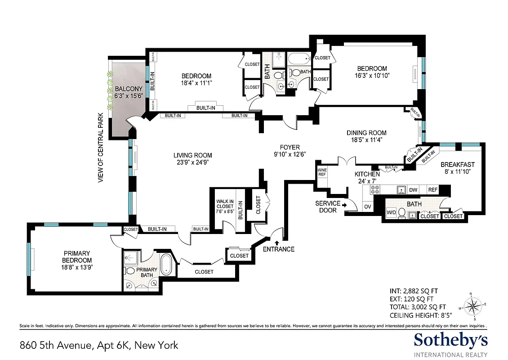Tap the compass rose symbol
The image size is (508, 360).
pos(472,307)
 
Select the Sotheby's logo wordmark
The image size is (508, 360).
pos(450,340)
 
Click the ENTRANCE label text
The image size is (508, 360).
pos(279,249)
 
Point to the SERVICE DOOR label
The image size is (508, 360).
pos(328,207)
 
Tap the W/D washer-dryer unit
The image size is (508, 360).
pos(391,213)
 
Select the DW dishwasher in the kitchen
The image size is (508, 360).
pos(413,190)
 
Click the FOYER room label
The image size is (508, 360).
pos(290,147)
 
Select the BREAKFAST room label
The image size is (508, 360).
pos(458,164)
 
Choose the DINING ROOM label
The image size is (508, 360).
pos(366,133)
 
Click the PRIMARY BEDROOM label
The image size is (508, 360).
pos(77,257)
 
